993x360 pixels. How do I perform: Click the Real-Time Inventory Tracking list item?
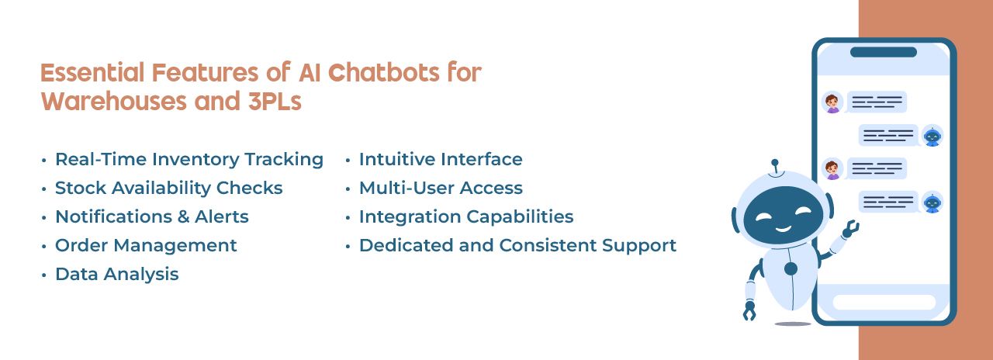[189, 159]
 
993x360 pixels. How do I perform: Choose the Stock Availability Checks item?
[168, 188]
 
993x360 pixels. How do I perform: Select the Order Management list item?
[146, 245]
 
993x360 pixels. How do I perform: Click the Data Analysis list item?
[116, 274]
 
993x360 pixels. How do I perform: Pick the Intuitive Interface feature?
[440, 159]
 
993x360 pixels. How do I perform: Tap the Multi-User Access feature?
[440, 188]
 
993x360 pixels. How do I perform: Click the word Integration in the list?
[408, 216]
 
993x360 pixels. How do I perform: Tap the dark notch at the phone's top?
[883, 52]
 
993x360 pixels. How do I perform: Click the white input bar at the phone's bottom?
[884, 302]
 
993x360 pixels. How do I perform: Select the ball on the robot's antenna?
[773, 164]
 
